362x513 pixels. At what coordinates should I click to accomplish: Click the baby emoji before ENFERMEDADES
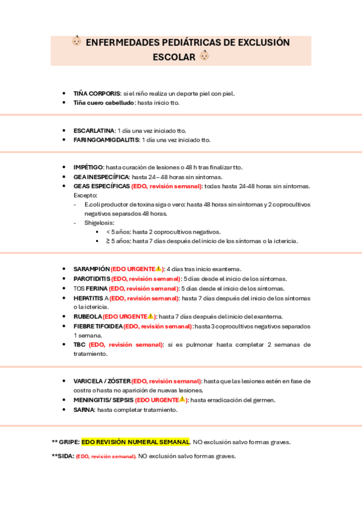(x=77, y=42)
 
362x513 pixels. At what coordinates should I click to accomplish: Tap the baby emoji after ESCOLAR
(x=204, y=56)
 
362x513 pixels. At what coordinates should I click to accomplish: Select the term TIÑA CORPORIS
(x=97, y=93)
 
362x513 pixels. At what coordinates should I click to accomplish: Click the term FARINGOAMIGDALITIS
(x=105, y=139)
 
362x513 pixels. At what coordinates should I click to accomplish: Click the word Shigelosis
(x=99, y=223)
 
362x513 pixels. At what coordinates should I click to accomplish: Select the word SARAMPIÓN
(x=91, y=269)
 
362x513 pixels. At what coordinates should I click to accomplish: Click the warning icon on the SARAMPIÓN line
(x=158, y=269)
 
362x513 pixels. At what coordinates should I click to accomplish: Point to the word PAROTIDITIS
(x=92, y=278)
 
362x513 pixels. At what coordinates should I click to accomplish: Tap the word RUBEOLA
(x=87, y=316)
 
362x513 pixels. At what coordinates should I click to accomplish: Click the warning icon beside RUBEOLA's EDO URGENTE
(x=150, y=316)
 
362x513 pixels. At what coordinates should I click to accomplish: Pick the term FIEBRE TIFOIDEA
(x=98, y=326)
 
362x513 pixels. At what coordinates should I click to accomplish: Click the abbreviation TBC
(x=79, y=344)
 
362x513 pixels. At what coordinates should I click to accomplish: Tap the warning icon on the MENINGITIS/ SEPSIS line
(x=182, y=399)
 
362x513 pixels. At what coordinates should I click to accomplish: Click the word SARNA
(x=84, y=410)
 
